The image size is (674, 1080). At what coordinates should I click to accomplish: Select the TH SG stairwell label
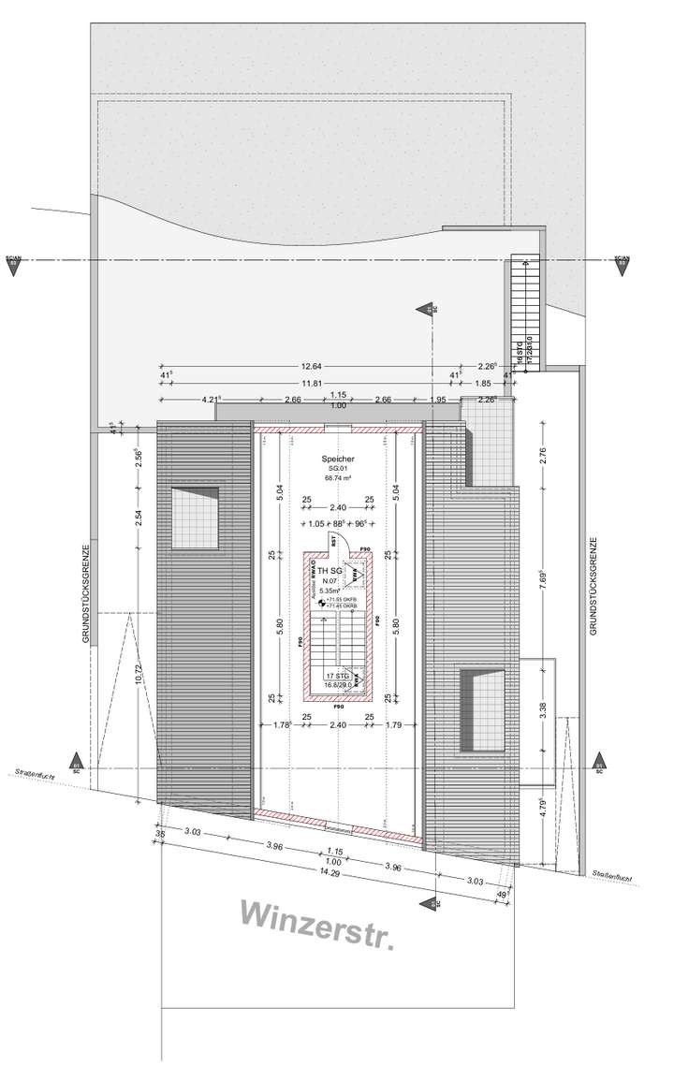[x=329, y=570]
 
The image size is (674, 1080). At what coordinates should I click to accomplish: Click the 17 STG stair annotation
[x=336, y=676]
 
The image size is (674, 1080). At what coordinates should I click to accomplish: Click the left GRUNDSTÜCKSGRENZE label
[x=85, y=593]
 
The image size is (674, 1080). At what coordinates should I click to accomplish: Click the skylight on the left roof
[x=195, y=518]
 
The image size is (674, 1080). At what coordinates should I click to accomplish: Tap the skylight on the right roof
[x=483, y=708]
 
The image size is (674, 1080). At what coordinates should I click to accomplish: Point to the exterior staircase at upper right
[x=524, y=309]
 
